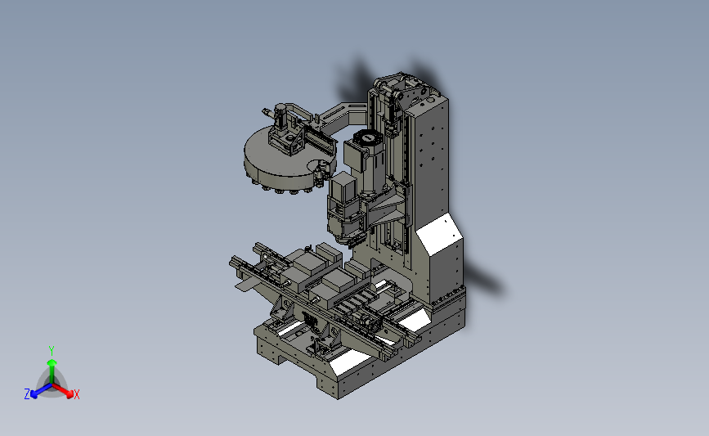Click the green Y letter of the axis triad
click(51, 351)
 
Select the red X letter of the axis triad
click(76, 394)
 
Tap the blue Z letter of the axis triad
click(27, 394)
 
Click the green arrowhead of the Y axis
click(52, 362)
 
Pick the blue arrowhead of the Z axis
click(34, 395)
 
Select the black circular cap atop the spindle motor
click(369, 137)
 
